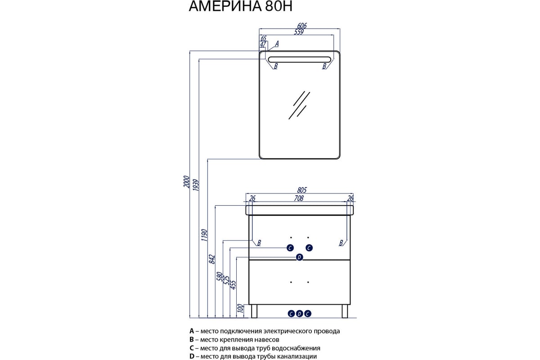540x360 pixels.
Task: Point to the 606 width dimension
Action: tap(301, 26)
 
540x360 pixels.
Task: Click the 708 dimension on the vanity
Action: tap(299, 198)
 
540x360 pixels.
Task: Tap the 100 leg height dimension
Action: tap(240, 308)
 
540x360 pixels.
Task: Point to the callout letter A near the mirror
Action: tap(277, 44)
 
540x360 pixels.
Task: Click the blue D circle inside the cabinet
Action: tap(299, 257)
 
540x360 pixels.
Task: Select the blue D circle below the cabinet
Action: tap(299, 313)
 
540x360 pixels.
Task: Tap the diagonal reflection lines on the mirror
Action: tap(299, 105)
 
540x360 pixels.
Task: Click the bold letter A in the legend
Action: tap(192, 331)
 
